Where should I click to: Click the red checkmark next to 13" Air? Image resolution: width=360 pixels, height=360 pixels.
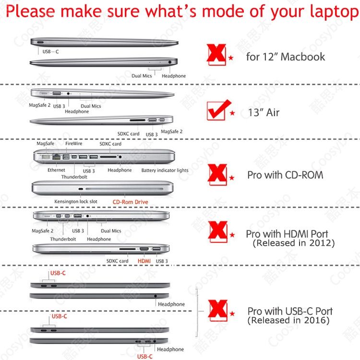pos(218,110)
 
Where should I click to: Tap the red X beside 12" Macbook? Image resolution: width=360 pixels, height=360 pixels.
pos(216,54)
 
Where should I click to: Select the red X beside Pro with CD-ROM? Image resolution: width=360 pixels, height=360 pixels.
pos(217,175)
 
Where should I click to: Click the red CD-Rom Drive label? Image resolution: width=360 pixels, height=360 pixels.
pos(130,202)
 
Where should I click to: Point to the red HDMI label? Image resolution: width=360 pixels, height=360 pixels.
pos(144,261)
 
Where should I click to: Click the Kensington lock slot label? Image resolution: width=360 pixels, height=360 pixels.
pos(76,202)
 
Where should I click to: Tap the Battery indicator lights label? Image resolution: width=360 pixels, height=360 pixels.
pos(165,170)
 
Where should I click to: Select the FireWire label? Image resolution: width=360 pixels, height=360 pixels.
pos(74,144)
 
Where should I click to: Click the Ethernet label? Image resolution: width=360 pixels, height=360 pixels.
pos(56,170)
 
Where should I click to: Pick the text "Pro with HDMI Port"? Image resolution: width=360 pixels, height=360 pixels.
pos(287,234)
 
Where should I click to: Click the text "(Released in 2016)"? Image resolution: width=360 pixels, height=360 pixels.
pos(288,320)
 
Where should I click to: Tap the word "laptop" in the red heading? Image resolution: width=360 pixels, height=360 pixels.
pos(335,12)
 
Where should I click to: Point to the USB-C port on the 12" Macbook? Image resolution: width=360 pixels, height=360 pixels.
pos(40,42)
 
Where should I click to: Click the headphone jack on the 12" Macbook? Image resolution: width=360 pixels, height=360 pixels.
pos(170,62)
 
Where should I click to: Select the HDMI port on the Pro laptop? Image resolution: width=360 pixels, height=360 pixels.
pos(144,249)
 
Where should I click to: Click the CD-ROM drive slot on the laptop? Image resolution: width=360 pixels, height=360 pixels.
pos(124,189)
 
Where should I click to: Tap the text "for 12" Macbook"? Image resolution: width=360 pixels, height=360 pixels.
pos(286,57)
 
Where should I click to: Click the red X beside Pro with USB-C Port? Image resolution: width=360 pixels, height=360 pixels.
pos(218,310)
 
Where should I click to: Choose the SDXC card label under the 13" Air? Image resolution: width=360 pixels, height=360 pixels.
pos(128,134)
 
